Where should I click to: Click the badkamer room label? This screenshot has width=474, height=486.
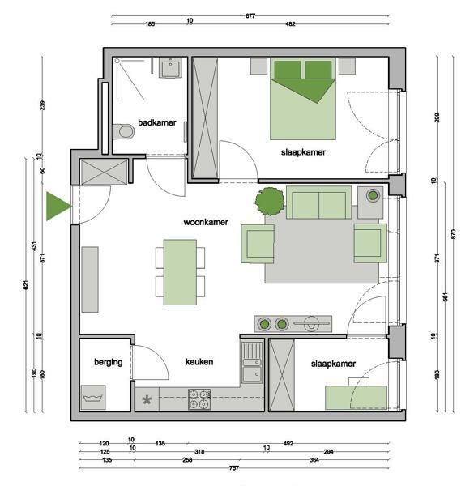click(x=157, y=122)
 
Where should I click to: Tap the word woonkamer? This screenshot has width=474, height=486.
click(x=206, y=222)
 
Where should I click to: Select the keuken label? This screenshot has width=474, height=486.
click(x=199, y=362)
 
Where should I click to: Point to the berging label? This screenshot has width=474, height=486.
click(x=109, y=362)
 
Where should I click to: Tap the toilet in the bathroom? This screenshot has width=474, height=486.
click(x=123, y=132)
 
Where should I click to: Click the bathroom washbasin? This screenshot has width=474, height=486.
click(x=170, y=67)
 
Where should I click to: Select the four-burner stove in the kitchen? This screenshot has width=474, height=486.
click(x=199, y=399)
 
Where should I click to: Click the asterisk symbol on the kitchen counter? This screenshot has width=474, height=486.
click(x=147, y=400)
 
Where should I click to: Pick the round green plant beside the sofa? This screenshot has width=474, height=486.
click(x=270, y=202)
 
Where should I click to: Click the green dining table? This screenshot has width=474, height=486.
click(x=180, y=272)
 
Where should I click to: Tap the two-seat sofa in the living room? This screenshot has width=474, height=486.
click(x=318, y=202)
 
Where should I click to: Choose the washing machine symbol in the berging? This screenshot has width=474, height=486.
click(x=93, y=398)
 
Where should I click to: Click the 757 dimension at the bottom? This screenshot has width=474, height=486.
click(x=234, y=468)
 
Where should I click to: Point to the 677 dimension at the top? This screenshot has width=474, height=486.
click(x=250, y=16)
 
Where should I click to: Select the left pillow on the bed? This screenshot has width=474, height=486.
click(x=288, y=70)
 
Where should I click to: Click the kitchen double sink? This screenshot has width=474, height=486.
click(x=252, y=363)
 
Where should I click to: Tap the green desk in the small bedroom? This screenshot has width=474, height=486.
click(x=356, y=398)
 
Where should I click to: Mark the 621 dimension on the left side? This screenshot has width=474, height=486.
click(x=26, y=285)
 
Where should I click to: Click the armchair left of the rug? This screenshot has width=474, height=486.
click(x=258, y=244)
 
